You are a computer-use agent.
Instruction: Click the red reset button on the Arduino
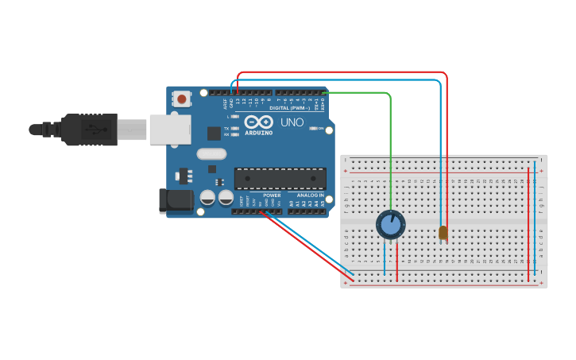182,99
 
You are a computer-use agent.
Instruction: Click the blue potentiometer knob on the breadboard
390,225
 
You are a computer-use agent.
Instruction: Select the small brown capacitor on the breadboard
443,233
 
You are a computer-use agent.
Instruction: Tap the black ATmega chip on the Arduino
280,179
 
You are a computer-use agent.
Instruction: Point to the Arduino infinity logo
258,122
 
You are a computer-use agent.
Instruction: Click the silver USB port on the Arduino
170,129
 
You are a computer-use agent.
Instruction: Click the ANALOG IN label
310,195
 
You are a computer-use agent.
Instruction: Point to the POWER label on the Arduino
272,195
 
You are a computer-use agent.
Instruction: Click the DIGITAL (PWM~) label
291,107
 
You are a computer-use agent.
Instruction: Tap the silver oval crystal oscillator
211,154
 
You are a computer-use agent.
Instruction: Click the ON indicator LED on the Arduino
315,128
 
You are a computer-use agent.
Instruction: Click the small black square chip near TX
214,134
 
